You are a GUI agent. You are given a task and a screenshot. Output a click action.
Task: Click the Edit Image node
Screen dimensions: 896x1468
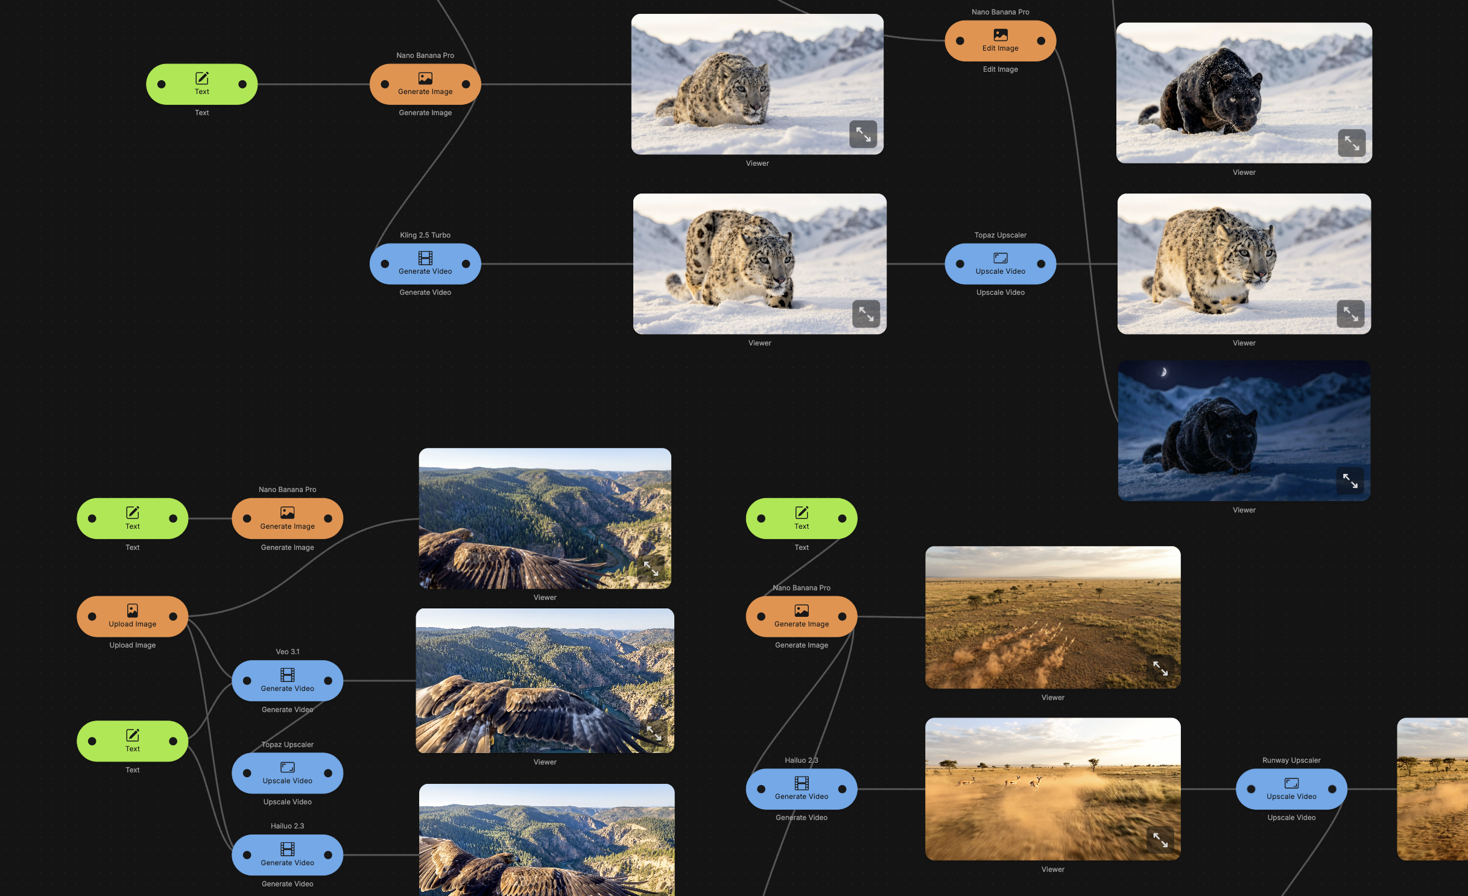point(1000,41)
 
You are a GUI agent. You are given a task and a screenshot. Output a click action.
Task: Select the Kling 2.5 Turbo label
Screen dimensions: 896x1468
point(425,235)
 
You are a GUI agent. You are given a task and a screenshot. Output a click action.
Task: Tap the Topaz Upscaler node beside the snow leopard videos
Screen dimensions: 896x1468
point(1000,264)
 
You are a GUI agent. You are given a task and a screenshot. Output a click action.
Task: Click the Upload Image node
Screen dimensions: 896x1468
point(132,616)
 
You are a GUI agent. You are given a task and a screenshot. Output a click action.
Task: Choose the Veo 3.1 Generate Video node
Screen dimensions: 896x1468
point(287,681)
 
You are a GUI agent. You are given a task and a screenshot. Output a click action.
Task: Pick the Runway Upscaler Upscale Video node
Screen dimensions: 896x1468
point(1291,789)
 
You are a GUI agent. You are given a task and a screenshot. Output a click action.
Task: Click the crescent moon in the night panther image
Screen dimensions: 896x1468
point(1163,372)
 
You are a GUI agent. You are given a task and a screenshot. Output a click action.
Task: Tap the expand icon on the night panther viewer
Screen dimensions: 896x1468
point(1350,481)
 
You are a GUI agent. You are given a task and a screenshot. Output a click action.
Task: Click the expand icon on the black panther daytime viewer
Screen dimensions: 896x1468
point(1352,144)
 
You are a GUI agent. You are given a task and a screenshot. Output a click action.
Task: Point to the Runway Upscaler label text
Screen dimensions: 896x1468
point(1291,760)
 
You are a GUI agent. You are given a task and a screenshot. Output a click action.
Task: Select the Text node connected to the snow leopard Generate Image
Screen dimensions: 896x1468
point(201,84)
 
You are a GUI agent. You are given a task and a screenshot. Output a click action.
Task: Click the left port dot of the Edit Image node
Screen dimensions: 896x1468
point(960,41)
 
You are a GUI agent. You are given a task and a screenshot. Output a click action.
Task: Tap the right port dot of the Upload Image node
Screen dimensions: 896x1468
point(173,616)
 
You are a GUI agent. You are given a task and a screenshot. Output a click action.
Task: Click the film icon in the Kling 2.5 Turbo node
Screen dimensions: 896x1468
point(425,258)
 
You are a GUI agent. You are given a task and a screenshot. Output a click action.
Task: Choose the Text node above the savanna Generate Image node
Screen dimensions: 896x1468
point(801,519)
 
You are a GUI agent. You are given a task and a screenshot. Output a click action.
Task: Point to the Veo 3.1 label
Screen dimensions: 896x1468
point(287,652)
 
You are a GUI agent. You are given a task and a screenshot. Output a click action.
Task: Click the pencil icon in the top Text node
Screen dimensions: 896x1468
point(201,78)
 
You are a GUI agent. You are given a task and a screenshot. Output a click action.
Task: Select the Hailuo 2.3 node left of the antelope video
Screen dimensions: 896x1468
point(801,789)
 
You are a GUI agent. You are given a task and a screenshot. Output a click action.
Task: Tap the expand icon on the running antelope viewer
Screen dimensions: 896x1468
point(1160,839)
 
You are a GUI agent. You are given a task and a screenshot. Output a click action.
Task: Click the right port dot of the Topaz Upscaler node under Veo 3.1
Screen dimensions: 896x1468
point(328,773)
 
